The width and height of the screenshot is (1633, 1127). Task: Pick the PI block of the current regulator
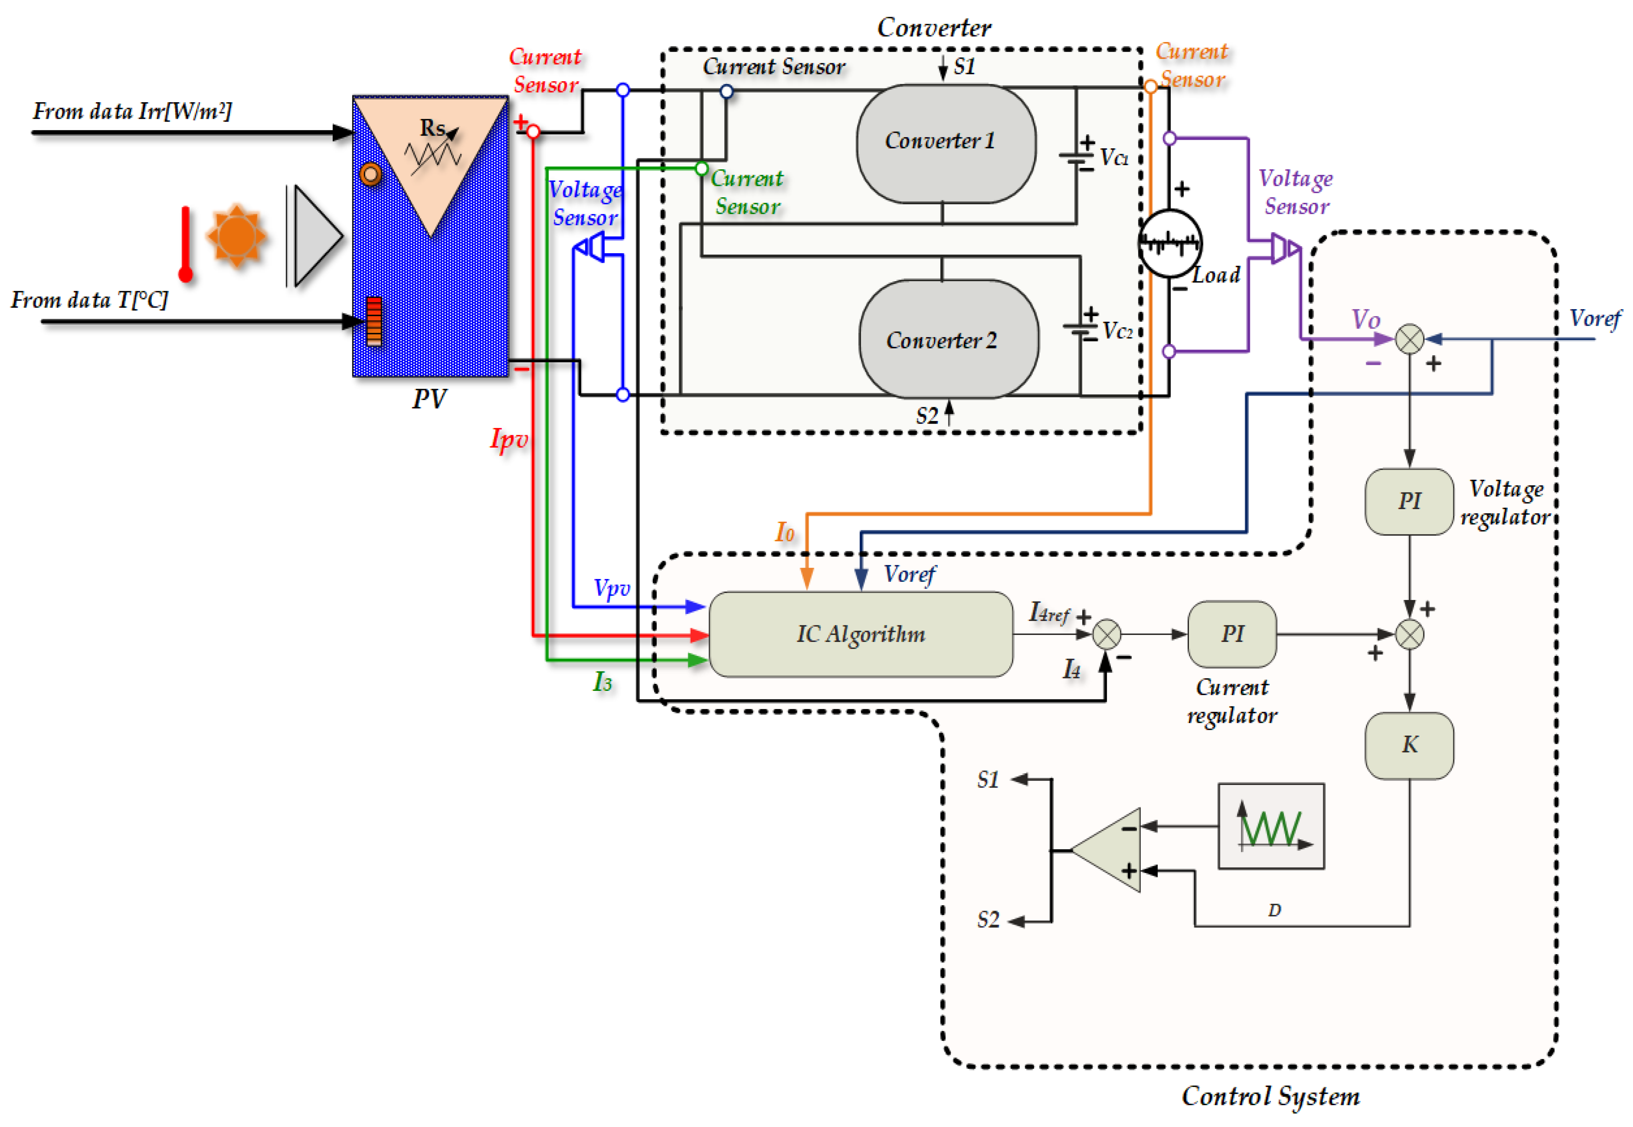1232,634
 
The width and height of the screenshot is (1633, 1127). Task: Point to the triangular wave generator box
1270,826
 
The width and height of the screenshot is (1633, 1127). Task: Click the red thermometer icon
186,243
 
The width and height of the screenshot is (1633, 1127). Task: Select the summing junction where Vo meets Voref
1409,340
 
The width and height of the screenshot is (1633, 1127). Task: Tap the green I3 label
602,682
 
